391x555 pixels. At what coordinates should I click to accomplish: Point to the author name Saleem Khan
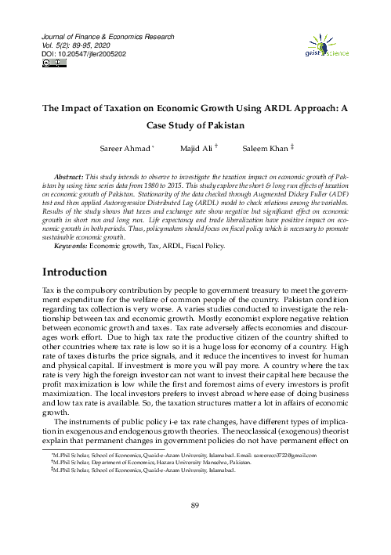(265, 149)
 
